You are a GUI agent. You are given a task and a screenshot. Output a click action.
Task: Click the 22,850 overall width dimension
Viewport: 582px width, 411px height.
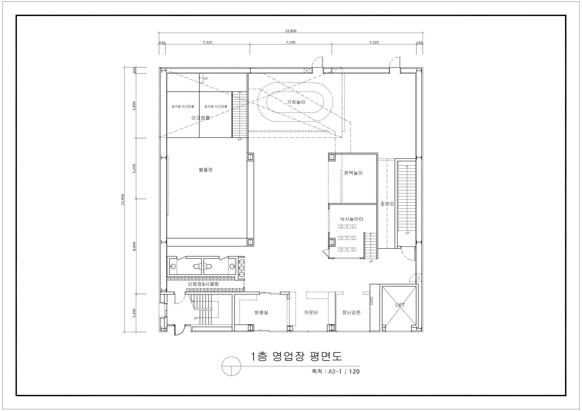pyautogui.click(x=291, y=31)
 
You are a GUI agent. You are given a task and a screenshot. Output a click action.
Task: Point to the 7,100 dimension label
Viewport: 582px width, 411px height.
pyautogui.click(x=291, y=42)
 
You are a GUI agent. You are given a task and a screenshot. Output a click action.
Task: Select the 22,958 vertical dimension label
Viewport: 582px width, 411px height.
pyautogui.click(x=123, y=200)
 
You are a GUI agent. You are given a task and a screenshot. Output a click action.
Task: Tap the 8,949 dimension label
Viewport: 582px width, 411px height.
pyautogui.click(x=134, y=246)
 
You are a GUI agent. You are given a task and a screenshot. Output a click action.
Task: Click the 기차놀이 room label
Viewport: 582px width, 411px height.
pyautogui.click(x=296, y=102)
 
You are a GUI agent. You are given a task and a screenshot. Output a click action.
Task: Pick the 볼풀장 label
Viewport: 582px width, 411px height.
pyautogui.click(x=206, y=169)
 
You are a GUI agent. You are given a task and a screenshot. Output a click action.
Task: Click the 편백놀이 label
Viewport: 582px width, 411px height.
pyautogui.click(x=353, y=173)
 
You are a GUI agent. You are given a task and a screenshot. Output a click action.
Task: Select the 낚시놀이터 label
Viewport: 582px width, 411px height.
pyautogui.click(x=351, y=219)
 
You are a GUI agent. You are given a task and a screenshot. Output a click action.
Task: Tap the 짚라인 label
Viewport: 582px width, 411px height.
pyautogui.click(x=387, y=203)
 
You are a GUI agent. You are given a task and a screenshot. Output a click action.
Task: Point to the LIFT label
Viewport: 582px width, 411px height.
pyautogui.click(x=400, y=305)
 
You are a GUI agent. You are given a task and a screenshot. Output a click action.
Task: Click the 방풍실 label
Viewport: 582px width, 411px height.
pyautogui.click(x=261, y=312)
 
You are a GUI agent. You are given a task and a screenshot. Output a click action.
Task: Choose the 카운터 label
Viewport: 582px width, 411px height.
pyautogui.click(x=311, y=312)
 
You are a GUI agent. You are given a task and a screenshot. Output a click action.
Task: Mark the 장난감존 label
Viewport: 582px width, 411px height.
pyautogui.click(x=351, y=312)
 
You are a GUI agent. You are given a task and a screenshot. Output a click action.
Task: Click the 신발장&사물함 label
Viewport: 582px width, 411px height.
pyautogui.click(x=203, y=284)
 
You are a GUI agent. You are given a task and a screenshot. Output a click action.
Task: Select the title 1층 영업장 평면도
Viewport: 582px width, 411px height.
pyautogui.click(x=296, y=356)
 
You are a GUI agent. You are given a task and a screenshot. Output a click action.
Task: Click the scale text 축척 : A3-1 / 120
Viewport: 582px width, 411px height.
pyautogui.click(x=336, y=371)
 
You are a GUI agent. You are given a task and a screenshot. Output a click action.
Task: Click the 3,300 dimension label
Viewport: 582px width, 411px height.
pyautogui.click(x=134, y=313)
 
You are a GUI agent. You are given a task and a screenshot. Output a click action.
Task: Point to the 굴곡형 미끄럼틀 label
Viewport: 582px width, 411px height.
pyautogui.click(x=183, y=107)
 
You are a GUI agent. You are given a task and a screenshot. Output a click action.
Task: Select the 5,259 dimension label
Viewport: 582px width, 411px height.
pyautogui.click(x=134, y=169)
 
